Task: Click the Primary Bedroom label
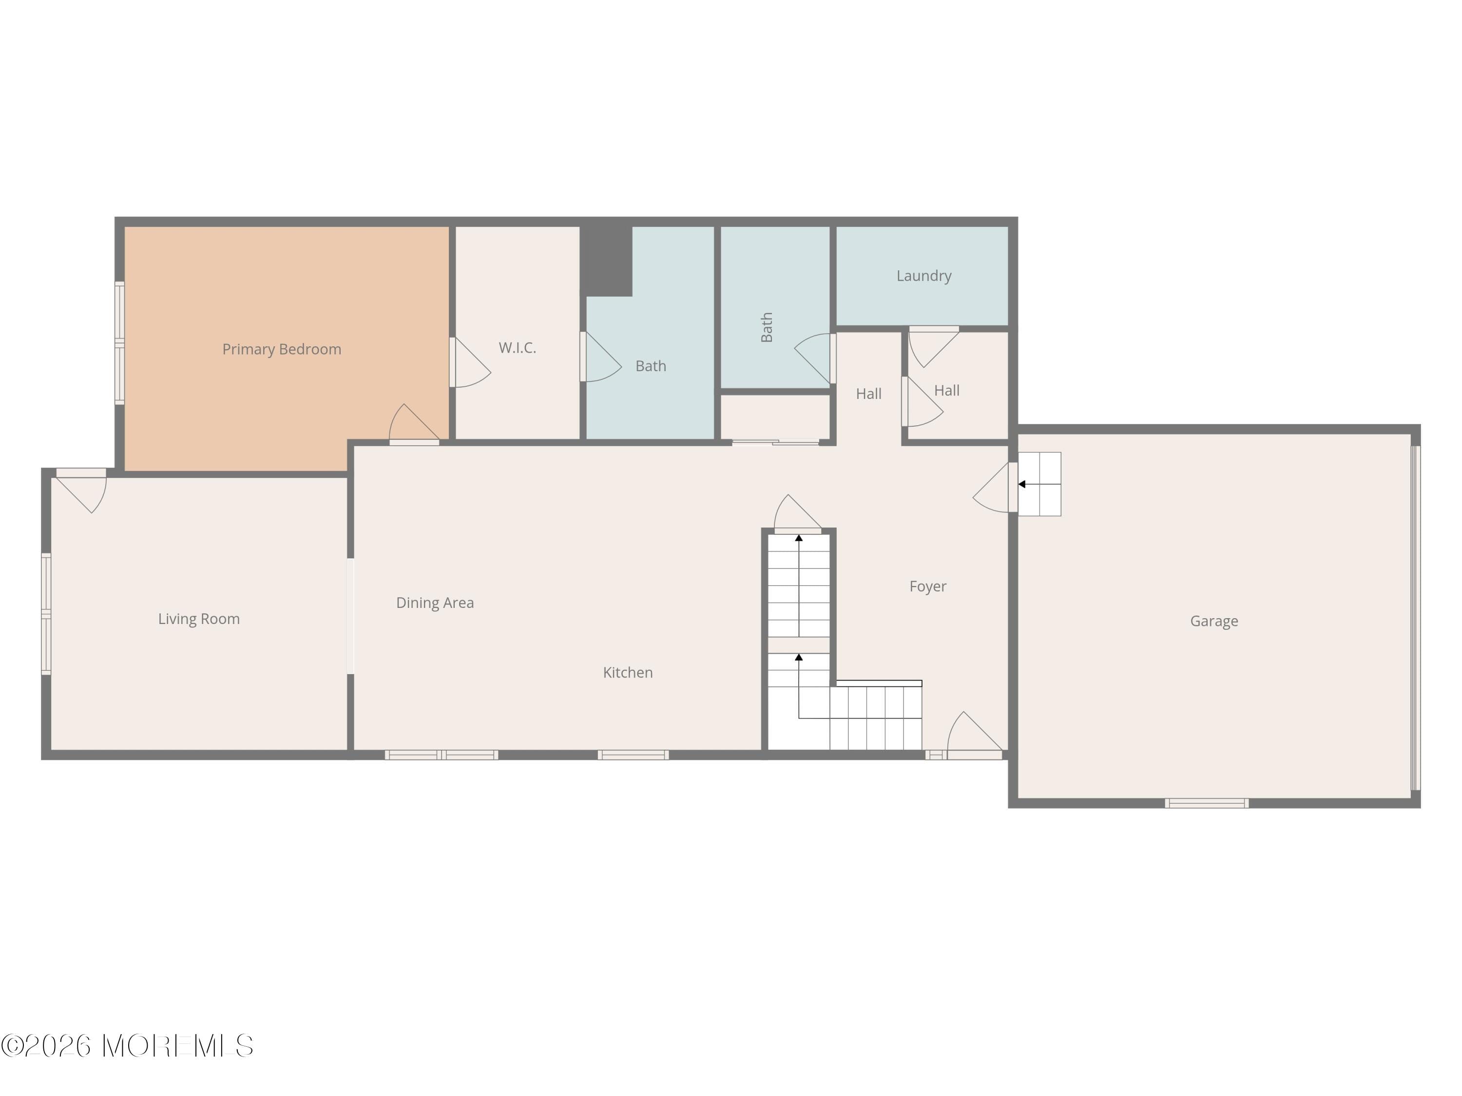[282, 349]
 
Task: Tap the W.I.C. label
[517, 347]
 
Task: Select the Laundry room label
[923, 276]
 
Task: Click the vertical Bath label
[767, 327]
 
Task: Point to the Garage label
[1213, 621]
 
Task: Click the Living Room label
[198, 619]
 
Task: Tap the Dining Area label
[434, 603]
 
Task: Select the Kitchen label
[627, 673]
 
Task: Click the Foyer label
[927, 586]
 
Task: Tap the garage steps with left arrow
[1039, 484]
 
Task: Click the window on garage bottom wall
[1206, 803]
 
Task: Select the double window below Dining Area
[441, 755]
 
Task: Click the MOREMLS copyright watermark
[127, 1046]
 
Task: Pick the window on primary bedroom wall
[119, 343]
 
